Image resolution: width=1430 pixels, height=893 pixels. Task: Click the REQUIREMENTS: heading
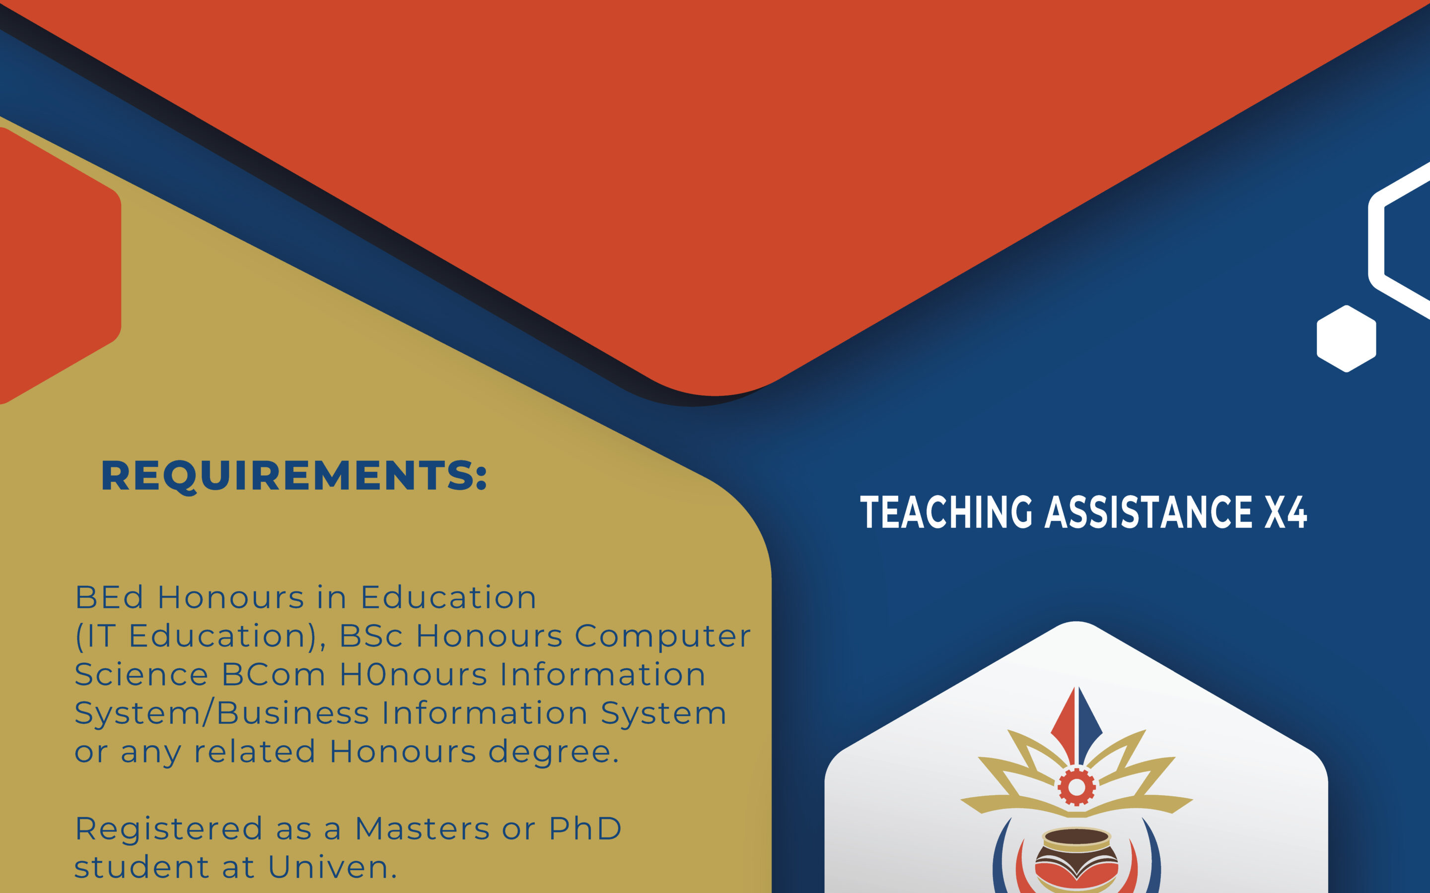[293, 476]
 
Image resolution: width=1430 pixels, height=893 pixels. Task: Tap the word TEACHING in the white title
[946, 512]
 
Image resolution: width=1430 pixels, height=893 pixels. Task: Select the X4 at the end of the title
[1287, 512]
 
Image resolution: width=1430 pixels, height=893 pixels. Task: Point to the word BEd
[109, 597]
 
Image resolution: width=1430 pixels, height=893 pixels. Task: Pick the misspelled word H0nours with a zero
[414, 675]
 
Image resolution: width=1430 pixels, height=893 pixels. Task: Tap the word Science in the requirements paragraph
[141, 675]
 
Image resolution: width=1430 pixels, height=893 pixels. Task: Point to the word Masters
[422, 829]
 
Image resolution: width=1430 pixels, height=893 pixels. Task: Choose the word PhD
[585, 829]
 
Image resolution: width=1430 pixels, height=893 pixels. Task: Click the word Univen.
[332, 867]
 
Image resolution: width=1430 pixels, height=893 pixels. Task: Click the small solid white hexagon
[1347, 338]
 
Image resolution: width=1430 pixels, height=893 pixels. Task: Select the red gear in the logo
[1076, 787]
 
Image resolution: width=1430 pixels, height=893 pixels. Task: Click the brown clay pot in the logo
[1076, 859]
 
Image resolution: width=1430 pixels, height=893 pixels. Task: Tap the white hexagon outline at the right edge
[1377, 242]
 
